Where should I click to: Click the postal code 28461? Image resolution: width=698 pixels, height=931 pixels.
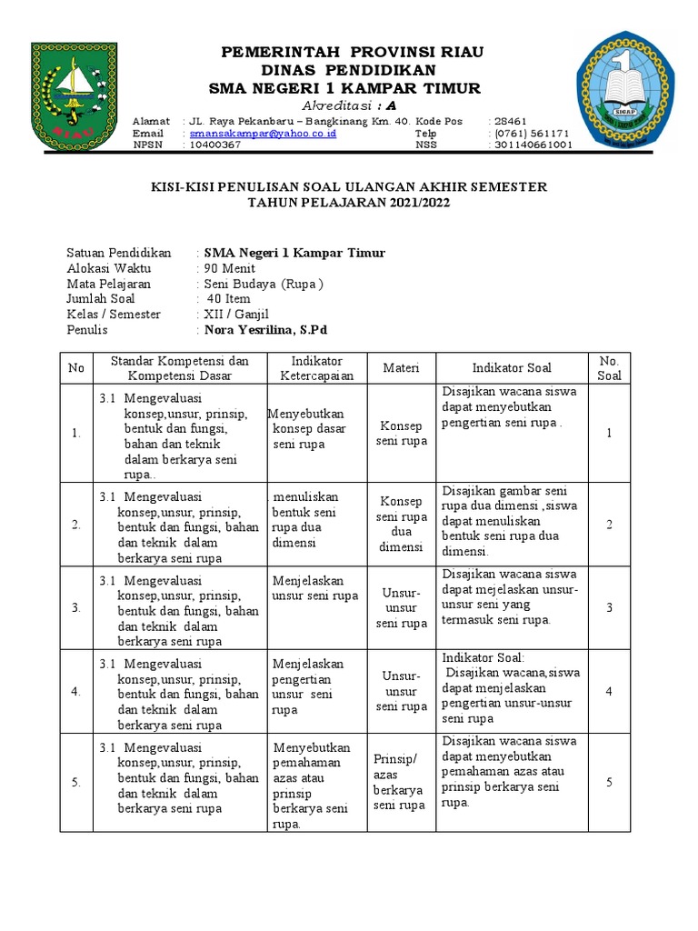pyautogui.click(x=510, y=121)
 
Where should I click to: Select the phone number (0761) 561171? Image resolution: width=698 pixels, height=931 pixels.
pyautogui.click(x=532, y=133)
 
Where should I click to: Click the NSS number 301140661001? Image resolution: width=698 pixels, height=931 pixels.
pyautogui.click(x=533, y=145)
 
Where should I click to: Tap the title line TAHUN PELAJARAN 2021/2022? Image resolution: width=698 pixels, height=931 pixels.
pyautogui.click(x=349, y=203)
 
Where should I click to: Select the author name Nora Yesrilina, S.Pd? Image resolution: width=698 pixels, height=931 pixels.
pyautogui.click(x=265, y=330)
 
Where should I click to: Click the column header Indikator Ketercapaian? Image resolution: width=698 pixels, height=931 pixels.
pyautogui.click(x=316, y=368)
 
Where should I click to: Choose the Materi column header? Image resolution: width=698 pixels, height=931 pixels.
pyautogui.click(x=401, y=368)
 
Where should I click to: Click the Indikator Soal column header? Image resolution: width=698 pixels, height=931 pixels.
pyautogui.click(x=512, y=368)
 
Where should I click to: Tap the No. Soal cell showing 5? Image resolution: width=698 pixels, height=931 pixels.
pyautogui.click(x=609, y=783)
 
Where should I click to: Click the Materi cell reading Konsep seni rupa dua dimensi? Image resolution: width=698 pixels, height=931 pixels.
pyautogui.click(x=401, y=525)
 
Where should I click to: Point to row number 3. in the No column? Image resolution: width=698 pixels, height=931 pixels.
pyautogui.click(x=76, y=607)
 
